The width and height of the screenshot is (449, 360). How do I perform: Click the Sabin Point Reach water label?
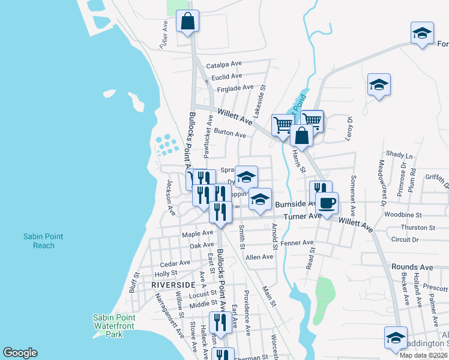pos(44,241)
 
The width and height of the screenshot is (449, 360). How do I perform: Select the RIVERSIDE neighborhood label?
pos(173,284)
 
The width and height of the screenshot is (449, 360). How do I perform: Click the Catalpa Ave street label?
pos(224,64)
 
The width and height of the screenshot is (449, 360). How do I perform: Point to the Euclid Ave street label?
pos(226,76)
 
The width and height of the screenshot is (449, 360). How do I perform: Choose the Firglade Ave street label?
pos(236,88)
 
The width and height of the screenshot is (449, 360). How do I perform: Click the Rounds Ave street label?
pos(412,267)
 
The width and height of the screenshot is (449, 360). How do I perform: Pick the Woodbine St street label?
pos(420,214)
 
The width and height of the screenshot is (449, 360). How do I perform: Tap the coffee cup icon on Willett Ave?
pos(327,203)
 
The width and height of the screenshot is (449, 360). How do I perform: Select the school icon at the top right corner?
pos(422,32)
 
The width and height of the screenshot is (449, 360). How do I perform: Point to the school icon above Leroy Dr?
pos(379,84)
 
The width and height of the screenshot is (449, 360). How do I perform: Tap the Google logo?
pos(20,353)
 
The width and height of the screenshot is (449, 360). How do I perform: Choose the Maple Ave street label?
pos(198,233)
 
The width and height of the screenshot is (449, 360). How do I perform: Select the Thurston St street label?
pos(418,228)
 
